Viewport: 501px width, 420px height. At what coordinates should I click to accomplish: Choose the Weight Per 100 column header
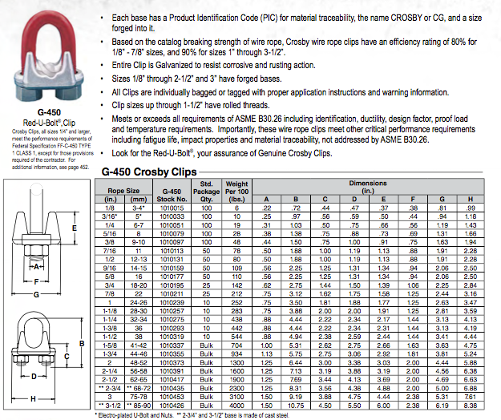pos(236,192)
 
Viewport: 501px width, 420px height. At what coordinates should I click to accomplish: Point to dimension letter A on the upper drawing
pos(35,265)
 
